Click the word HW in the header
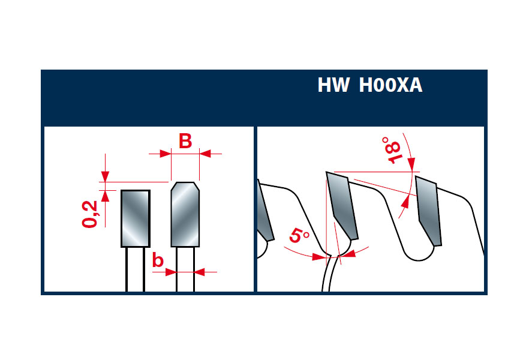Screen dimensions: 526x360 333,85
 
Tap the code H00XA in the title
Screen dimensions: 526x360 390,85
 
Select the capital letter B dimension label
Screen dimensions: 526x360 185,141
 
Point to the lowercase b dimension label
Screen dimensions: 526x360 158,260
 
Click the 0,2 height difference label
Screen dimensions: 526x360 89,214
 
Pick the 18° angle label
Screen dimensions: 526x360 392,149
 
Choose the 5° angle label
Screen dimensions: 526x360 299,235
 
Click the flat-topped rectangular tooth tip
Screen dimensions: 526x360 136,218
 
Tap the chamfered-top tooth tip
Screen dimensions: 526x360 185,214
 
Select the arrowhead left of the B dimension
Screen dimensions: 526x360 166,154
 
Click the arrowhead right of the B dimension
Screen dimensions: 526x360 205,154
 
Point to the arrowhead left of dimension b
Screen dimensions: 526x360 171,272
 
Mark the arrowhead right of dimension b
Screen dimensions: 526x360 199,272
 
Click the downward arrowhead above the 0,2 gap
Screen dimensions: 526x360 105,176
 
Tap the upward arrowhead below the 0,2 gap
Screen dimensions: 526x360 105,196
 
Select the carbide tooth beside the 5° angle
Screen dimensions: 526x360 342,205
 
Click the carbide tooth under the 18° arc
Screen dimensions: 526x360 429,211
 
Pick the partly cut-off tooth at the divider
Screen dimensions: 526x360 265,211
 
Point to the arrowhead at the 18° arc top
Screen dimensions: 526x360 412,164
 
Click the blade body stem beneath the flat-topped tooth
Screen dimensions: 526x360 136,269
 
